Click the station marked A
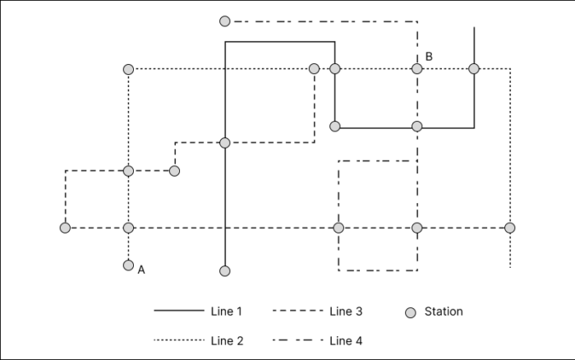click(128, 265)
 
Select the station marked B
click(417, 69)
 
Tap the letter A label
click(142, 269)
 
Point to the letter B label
click(429, 56)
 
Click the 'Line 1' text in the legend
click(227, 312)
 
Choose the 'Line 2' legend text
click(227, 339)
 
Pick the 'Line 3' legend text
click(346, 312)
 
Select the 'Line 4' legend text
click(346, 339)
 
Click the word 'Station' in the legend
click(444, 312)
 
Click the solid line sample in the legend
click(178, 312)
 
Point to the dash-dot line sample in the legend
click(297, 339)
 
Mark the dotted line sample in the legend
click(178, 339)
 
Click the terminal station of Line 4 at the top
click(225, 21)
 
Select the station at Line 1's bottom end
click(225, 270)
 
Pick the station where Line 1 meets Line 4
click(417, 127)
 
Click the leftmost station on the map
click(65, 228)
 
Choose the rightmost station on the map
click(510, 228)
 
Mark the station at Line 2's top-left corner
click(128, 69)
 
